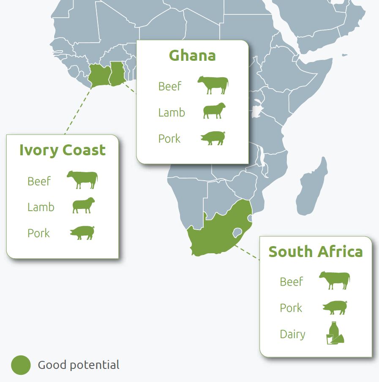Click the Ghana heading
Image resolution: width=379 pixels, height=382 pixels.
[x=192, y=56]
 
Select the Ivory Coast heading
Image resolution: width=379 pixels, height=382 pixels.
[x=63, y=150]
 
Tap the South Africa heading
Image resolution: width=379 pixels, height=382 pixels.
[x=316, y=252]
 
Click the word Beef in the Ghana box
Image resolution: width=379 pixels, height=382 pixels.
[x=169, y=87]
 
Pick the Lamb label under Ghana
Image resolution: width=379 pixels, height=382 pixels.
[x=172, y=113]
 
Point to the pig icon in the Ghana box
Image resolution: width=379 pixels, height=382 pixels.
[x=213, y=138]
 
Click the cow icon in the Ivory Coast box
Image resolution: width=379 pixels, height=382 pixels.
[x=82, y=179]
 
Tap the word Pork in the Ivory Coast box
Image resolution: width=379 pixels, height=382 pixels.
[x=38, y=233]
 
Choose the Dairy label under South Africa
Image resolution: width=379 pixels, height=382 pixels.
[x=292, y=334]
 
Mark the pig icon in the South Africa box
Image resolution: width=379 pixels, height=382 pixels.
[x=335, y=307]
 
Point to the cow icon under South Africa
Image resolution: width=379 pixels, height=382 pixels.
[x=335, y=280]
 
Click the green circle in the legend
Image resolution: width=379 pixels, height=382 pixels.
[x=21, y=365]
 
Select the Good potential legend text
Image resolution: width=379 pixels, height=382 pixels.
[x=79, y=365]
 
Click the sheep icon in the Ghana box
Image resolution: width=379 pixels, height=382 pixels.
[x=214, y=111]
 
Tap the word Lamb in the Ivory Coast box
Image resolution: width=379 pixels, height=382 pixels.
[x=41, y=207]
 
